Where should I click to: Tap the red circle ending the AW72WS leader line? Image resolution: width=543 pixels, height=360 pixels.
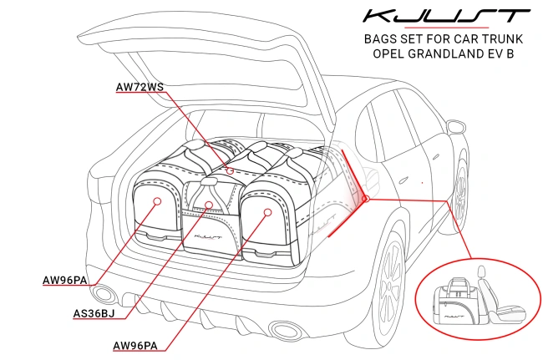231,170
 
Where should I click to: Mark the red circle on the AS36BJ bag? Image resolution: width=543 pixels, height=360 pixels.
210,204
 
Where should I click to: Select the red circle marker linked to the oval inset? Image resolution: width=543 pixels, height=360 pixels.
365,198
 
